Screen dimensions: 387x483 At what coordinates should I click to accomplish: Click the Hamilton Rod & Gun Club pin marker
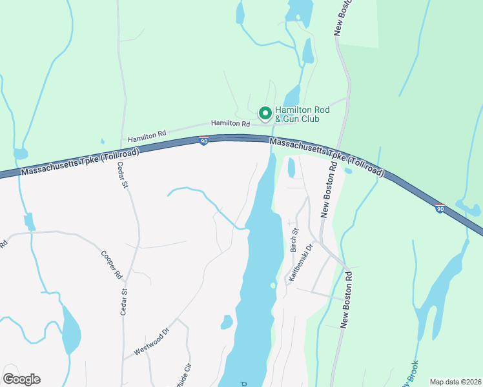click(265, 114)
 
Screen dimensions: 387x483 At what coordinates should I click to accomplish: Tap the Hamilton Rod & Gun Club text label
click(302, 114)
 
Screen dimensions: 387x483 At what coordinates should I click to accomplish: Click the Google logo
click(22, 379)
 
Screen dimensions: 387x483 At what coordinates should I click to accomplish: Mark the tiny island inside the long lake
click(273, 285)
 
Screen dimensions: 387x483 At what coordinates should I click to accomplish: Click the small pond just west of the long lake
click(227, 321)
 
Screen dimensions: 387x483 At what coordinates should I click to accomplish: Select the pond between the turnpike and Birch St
click(291, 168)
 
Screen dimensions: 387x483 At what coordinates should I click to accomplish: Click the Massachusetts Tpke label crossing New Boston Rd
click(326, 157)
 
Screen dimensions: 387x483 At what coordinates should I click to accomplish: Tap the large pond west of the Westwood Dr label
click(72, 330)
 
